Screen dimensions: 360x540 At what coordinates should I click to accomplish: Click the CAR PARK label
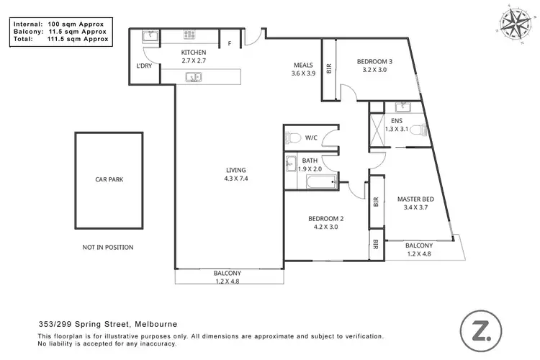point(109,179)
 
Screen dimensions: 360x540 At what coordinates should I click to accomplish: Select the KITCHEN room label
point(194,53)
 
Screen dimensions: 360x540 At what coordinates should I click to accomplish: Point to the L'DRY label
point(144,66)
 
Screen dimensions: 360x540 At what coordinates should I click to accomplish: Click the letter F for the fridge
point(229,43)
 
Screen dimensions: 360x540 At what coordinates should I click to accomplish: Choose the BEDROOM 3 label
point(372,63)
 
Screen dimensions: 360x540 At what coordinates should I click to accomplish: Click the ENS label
point(397,121)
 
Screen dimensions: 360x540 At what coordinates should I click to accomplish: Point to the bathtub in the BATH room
point(310,182)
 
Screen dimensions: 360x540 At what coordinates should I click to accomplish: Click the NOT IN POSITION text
point(108,247)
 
